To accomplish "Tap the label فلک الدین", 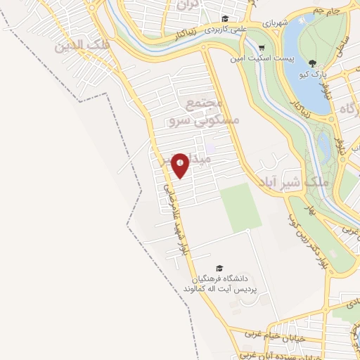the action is coord(79,45).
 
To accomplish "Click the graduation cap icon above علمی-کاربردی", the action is coord(224,19).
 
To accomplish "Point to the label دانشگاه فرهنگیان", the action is coord(228,279).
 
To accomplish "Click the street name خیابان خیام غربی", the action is coord(283,334).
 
